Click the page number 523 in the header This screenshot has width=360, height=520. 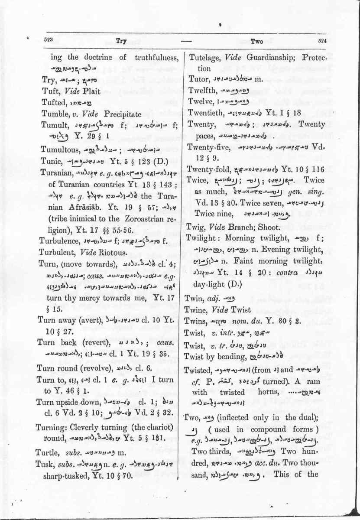pyautogui.click(x=48, y=39)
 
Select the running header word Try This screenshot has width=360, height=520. pyautogui.click(x=121, y=41)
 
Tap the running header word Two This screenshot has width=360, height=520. pyautogui.click(x=257, y=42)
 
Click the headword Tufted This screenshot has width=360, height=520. pyautogui.click(x=53, y=103)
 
